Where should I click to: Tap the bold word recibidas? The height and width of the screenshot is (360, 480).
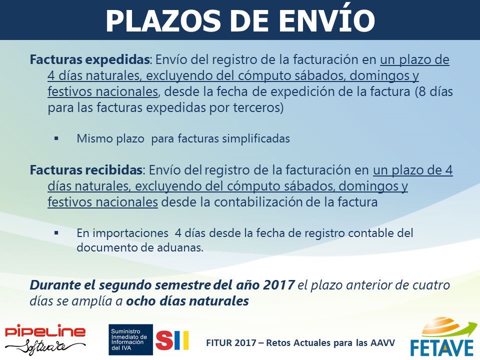tap(113, 170)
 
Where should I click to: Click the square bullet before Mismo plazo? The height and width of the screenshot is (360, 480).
tap(56, 138)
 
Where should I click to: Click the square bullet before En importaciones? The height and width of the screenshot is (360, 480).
tap(56, 233)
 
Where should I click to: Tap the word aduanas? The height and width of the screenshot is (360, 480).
tap(180, 247)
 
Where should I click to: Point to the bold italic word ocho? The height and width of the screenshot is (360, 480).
tap(138, 301)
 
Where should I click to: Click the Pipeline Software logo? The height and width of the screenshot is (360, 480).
tap(45, 339)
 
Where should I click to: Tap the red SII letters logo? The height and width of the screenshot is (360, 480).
tap(172, 340)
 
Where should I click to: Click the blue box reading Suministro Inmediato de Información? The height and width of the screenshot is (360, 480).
tap(130, 340)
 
